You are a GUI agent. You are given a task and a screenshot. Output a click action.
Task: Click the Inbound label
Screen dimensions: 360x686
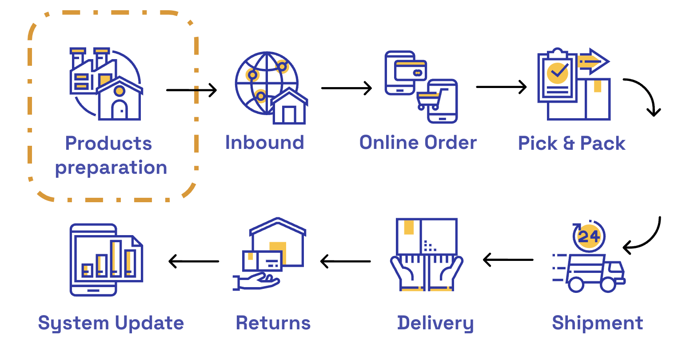coord(264,143)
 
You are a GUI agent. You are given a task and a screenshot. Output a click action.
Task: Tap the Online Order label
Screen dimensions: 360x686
coord(418,143)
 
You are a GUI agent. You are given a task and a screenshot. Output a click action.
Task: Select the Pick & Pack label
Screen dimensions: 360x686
coord(571,144)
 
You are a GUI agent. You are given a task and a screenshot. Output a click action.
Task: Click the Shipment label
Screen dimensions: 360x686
coord(597,323)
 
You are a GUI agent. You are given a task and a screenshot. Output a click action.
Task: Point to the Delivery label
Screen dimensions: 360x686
coord(435,323)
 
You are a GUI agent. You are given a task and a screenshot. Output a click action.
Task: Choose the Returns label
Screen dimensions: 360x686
coord(273,323)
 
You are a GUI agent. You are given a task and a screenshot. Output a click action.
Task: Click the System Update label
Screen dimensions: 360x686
coord(111,323)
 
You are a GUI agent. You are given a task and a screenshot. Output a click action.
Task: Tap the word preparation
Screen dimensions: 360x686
coord(111,168)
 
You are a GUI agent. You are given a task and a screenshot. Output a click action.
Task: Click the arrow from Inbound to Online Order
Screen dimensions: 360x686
coord(346,88)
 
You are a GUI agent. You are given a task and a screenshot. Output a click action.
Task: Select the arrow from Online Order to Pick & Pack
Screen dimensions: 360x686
coord(501,87)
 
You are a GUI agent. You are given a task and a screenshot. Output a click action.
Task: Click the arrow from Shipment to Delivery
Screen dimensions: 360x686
coord(508,260)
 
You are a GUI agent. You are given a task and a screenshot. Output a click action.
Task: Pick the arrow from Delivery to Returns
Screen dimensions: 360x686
coord(345,261)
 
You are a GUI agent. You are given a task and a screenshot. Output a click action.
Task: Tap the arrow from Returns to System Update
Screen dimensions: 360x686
coord(194,261)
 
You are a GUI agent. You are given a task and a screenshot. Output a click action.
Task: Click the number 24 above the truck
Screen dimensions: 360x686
coord(589,236)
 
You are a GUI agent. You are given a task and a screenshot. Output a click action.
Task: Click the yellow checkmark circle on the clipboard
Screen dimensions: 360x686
coord(557,72)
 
